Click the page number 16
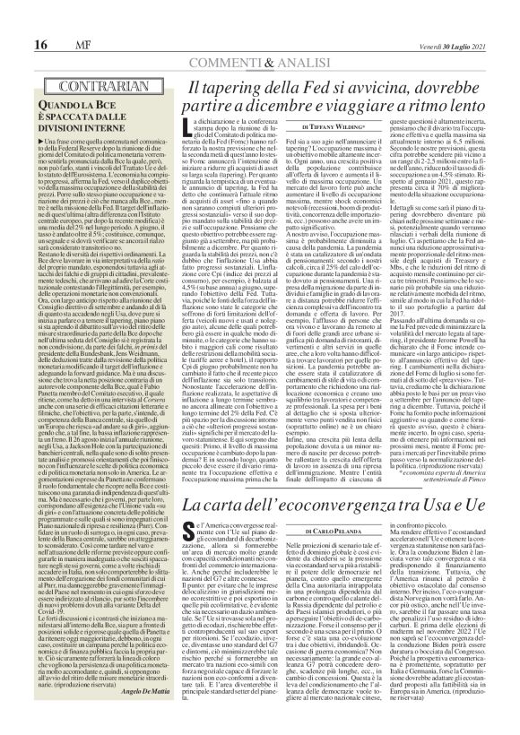click(x=16, y=20)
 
